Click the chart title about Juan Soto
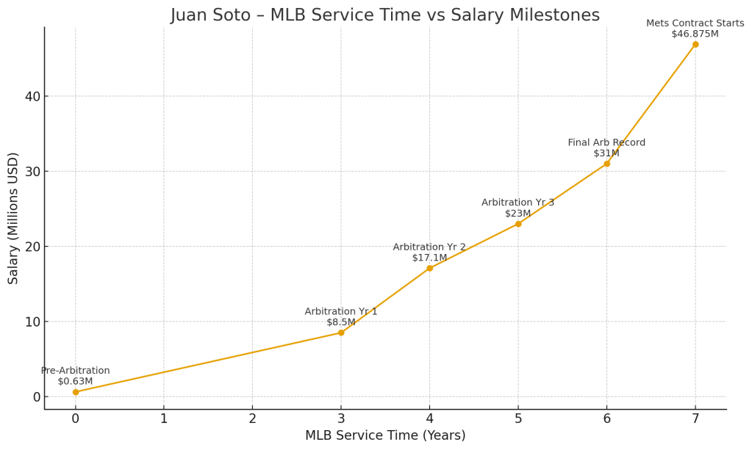click(x=385, y=15)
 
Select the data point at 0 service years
click(x=75, y=392)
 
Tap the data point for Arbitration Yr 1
click(x=341, y=333)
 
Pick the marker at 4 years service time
click(x=429, y=268)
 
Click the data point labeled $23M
click(x=518, y=224)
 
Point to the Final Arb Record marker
click(x=606, y=164)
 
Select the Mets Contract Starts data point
click(x=695, y=44)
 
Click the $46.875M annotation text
click(x=695, y=34)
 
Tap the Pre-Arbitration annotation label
click(x=75, y=371)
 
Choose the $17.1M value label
click(x=429, y=258)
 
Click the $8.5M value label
click(x=341, y=322)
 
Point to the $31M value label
click(x=606, y=153)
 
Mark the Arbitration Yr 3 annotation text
click(x=518, y=203)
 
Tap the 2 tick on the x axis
click(x=252, y=418)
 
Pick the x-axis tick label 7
click(x=695, y=418)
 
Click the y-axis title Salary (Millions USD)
click(x=13, y=218)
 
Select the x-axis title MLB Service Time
click(x=385, y=436)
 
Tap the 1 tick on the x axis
click(x=164, y=418)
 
